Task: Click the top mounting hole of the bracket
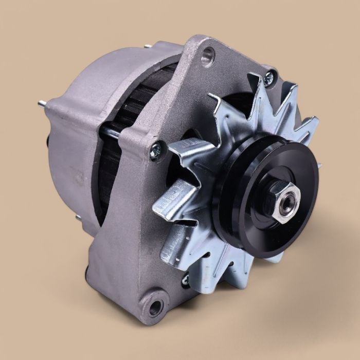tap(207, 55)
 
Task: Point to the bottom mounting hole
tap(155, 308)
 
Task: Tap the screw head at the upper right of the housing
tap(268, 78)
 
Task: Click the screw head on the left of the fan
tap(155, 151)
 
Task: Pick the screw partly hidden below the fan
tap(186, 280)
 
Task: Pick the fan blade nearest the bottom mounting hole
tap(177, 247)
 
